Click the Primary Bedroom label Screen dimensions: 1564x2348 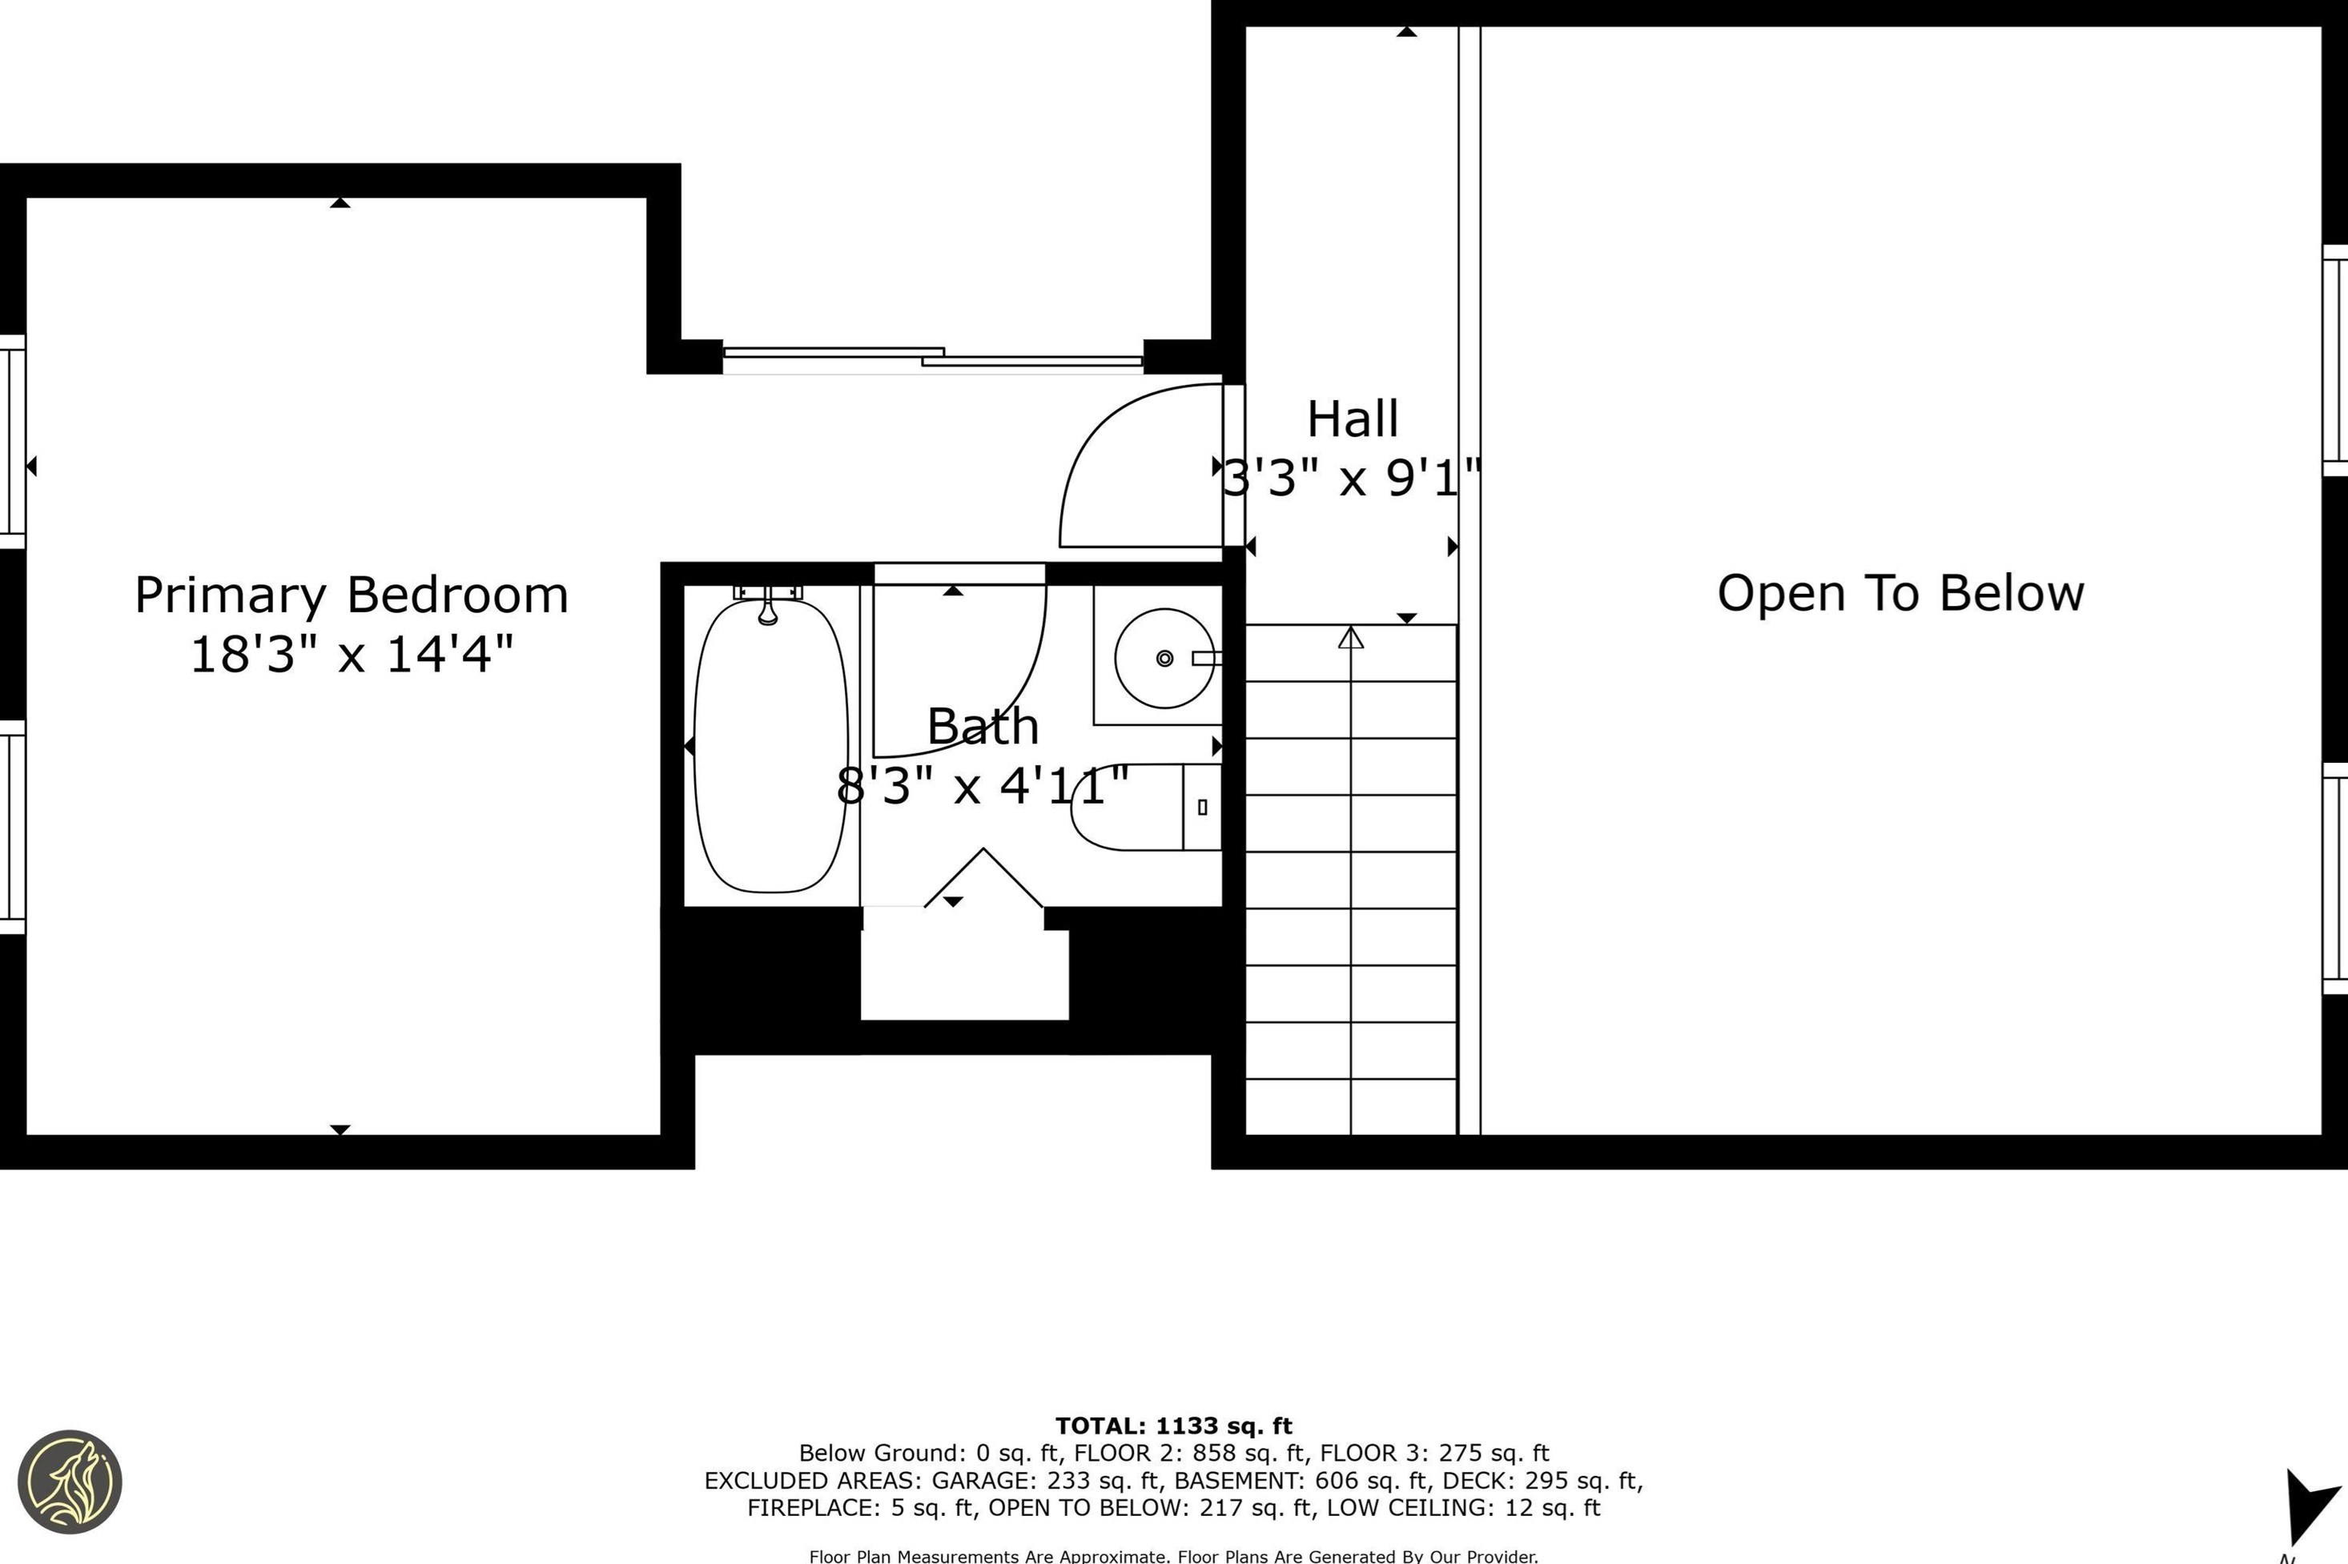[352, 596]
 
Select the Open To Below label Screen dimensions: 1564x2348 [1900, 593]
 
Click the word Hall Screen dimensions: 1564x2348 [1352, 419]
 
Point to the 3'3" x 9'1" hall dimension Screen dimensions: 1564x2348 [1352, 478]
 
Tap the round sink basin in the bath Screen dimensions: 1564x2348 [1164, 658]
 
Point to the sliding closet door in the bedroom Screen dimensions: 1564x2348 [933, 357]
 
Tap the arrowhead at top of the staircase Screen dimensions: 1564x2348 [1350, 636]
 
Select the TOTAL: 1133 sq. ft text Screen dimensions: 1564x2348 [1173, 1426]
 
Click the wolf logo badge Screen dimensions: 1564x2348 [70, 1482]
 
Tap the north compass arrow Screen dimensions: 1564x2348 [2309, 1506]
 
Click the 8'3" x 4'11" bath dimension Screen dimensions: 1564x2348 [983, 786]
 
